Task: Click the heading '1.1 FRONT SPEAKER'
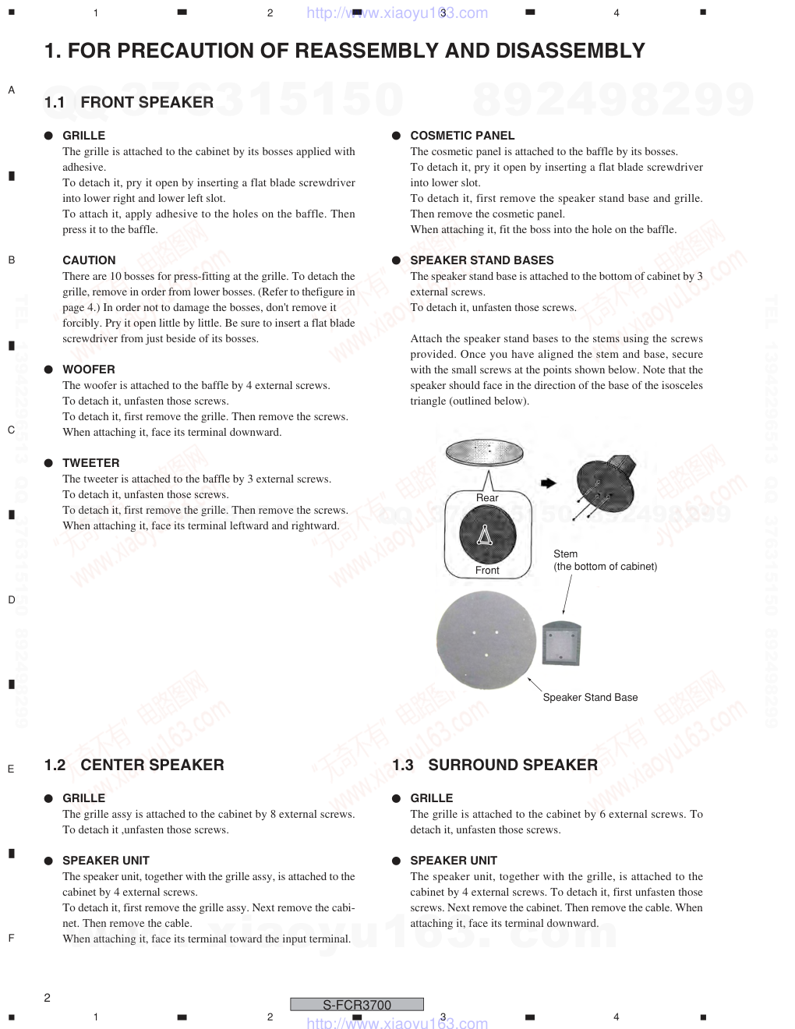point(129,102)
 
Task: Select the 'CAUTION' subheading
point(89,260)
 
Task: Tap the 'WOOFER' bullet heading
point(89,370)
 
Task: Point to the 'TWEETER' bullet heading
point(91,463)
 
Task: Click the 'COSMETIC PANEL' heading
point(462,136)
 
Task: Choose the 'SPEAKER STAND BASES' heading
point(482,260)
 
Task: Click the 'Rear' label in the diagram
point(487,498)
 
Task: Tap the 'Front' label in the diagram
point(487,571)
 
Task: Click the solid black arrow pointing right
point(548,483)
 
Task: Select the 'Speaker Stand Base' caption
point(590,698)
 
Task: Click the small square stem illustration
point(561,643)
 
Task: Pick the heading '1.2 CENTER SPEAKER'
point(134,765)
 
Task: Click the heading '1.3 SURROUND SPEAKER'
point(495,765)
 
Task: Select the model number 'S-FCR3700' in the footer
point(357,1005)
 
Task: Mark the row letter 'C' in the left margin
point(11,430)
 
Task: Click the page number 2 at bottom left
point(48,998)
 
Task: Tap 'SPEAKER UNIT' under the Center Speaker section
point(106,861)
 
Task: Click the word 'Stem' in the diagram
point(566,554)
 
